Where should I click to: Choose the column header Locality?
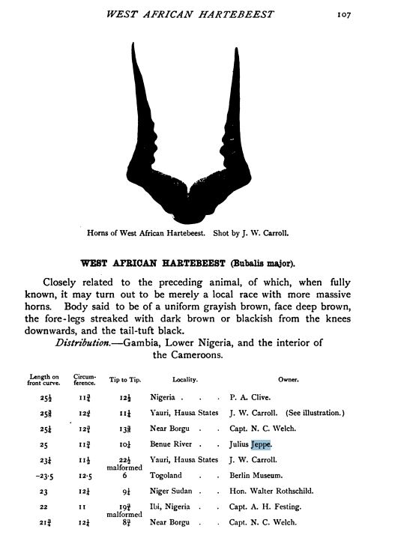click(x=184, y=380)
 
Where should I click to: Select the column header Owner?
click(x=289, y=380)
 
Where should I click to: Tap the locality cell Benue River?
click(x=174, y=444)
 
